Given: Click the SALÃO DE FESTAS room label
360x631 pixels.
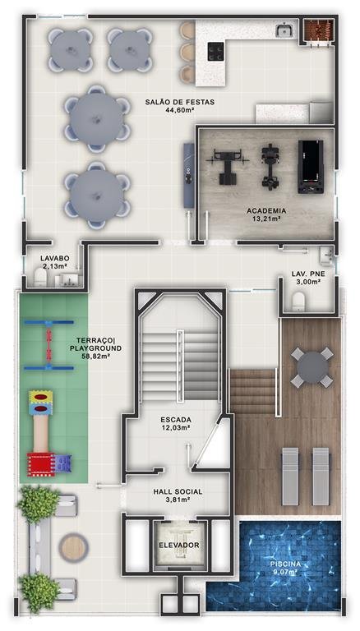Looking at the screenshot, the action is pyautogui.click(x=180, y=102).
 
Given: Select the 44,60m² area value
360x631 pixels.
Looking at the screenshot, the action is pyautogui.click(x=180, y=109).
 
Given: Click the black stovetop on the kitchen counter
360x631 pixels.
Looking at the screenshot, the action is pyautogui.click(x=215, y=52).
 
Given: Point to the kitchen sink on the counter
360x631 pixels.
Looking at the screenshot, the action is pyautogui.click(x=284, y=30).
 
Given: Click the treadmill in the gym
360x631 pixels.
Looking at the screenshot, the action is pyautogui.click(x=311, y=166).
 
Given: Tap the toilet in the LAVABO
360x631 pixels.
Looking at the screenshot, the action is pyautogui.click(x=40, y=277).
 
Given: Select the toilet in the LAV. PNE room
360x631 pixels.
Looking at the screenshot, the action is pyautogui.click(x=298, y=301).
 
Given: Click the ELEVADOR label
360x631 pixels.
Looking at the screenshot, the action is pyautogui.click(x=179, y=545).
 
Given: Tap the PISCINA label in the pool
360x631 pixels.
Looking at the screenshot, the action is pyautogui.click(x=285, y=564).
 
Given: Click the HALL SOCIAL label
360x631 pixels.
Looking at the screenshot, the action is pyautogui.click(x=178, y=492).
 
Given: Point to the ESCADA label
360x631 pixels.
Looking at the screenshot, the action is pyautogui.click(x=176, y=420).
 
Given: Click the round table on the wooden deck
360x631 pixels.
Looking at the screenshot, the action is pyautogui.click(x=312, y=367).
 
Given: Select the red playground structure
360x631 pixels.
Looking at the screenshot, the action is pyautogui.click(x=41, y=464).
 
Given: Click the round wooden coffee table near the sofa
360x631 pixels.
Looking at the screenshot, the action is pyautogui.click(x=73, y=547).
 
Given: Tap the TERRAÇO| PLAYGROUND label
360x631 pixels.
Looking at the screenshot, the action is pyautogui.click(x=95, y=344).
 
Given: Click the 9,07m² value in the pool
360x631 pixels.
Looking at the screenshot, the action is pyautogui.click(x=285, y=572).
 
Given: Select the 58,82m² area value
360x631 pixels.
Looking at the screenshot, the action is pyautogui.click(x=95, y=356).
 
